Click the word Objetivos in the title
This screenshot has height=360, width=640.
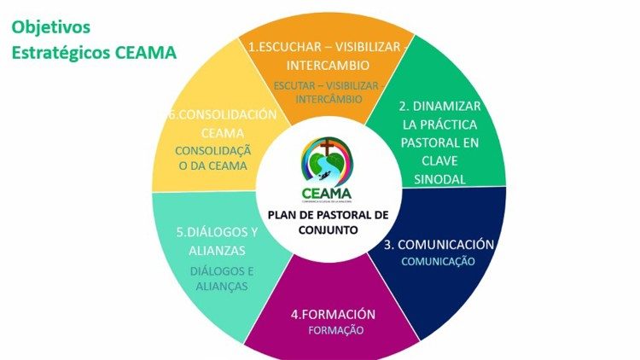point(50,26)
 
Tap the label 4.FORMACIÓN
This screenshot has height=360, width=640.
point(333,314)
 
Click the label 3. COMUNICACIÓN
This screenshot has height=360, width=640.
point(439,244)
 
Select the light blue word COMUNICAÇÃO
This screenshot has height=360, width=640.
point(439,261)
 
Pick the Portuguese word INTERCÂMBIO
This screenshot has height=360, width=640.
point(328,99)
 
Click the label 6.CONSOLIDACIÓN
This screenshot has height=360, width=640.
point(223,114)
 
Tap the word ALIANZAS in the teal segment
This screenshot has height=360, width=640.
point(217,250)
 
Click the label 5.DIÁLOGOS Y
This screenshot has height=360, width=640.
point(217,231)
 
